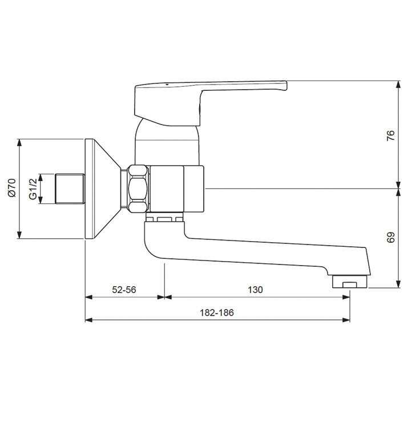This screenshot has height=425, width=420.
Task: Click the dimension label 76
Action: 390,135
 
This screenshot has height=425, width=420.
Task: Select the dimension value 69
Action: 390,238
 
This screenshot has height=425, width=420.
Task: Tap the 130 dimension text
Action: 255,290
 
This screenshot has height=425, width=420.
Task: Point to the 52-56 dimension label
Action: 124,290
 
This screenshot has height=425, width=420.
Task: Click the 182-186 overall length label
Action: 217,312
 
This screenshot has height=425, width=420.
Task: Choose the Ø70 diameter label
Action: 12,188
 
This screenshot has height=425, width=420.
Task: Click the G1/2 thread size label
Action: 33,189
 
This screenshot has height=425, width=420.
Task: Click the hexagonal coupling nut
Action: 137,189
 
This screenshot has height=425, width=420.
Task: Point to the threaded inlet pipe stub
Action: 69,189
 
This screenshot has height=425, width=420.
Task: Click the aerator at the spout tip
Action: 349,282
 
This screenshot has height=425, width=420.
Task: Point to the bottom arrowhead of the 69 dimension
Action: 398,284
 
